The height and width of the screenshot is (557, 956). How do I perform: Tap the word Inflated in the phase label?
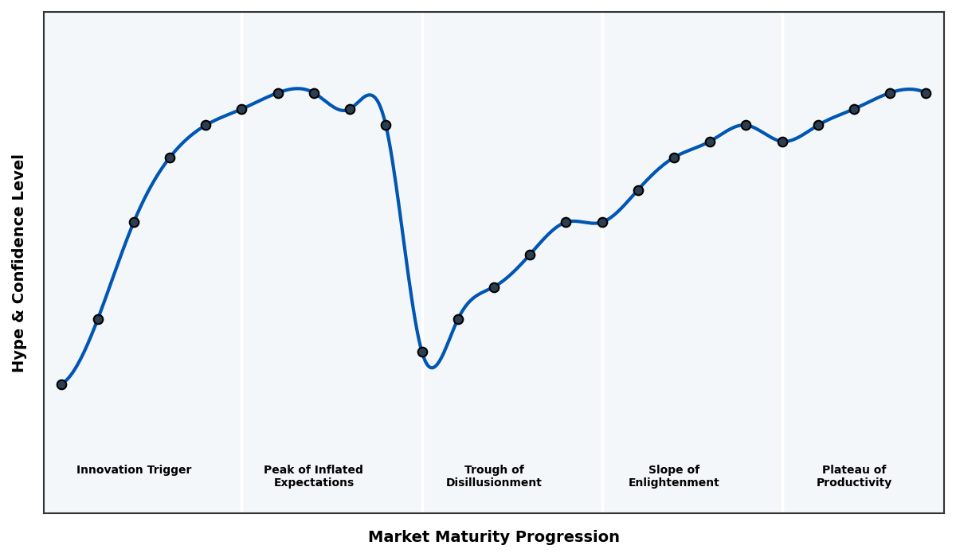[x=334, y=470]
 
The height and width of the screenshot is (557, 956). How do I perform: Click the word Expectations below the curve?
[x=313, y=483]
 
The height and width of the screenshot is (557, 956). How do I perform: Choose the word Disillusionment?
[x=493, y=483]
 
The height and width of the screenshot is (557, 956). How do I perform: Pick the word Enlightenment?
[x=673, y=483]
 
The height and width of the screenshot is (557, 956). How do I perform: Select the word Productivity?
[x=853, y=483]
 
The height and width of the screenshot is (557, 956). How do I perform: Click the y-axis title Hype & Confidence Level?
[x=19, y=263]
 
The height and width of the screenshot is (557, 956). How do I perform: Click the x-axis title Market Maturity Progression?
[x=493, y=537]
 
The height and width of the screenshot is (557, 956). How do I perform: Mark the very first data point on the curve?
[x=61, y=384]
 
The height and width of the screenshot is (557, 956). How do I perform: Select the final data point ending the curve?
[x=926, y=93]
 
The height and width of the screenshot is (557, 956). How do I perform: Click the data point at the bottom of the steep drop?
[x=422, y=352]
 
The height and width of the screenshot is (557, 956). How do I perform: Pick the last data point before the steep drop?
[x=386, y=125]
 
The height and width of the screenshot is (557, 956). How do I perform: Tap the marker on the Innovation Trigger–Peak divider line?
[x=241, y=109]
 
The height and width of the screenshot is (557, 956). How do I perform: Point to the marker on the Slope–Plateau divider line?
[x=782, y=142]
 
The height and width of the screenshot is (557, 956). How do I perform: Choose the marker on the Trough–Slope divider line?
[x=602, y=222]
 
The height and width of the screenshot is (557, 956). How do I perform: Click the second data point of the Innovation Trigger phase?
[x=98, y=319]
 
